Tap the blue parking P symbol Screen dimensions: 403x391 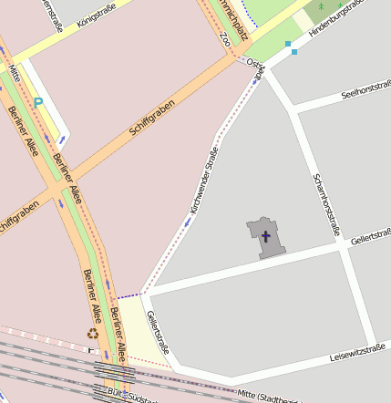coord(37,102)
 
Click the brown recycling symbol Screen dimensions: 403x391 coord(92,333)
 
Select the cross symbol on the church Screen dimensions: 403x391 coord(266,236)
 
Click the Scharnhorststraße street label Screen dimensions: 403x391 coord(325,204)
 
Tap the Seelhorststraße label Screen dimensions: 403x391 coord(365,90)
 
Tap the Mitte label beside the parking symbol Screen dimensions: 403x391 coord(14,69)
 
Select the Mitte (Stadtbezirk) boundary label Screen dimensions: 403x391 coord(269,396)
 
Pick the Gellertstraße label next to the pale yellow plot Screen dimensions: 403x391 coord(158,332)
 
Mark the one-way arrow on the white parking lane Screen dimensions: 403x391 coord(62,139)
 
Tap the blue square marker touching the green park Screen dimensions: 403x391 coord(289,44)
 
